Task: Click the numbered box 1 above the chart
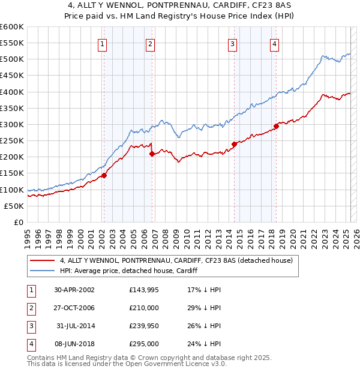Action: [x=103, y=43]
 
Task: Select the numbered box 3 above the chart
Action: [x=233, y=43]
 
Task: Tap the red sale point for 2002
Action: [x=104, y=175]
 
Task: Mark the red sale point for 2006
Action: [x=152, y=154]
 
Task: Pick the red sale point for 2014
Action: [x=234, y=144]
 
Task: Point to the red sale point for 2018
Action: [x=276, y=126]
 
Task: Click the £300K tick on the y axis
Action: [x=12, y=124]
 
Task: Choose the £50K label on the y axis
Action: [x=14, y=206]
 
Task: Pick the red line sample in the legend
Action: [x=42, y=261]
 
